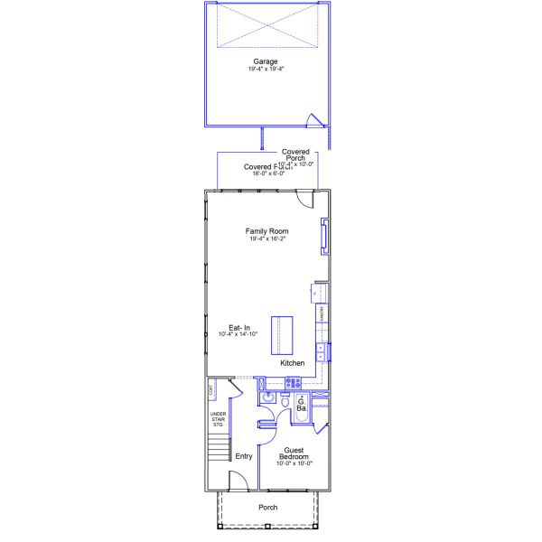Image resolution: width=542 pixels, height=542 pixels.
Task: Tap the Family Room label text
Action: click(267, 232)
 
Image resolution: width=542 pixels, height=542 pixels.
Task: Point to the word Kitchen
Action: click(292, 362)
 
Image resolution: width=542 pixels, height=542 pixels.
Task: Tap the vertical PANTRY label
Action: click(322, 313)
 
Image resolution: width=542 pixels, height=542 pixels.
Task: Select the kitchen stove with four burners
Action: click(293, 383)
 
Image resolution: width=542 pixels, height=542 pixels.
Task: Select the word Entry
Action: click(244, 456)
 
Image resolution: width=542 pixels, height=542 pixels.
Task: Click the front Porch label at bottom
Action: click(268, 508)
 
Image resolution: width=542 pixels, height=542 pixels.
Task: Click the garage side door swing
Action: click(314, 120)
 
